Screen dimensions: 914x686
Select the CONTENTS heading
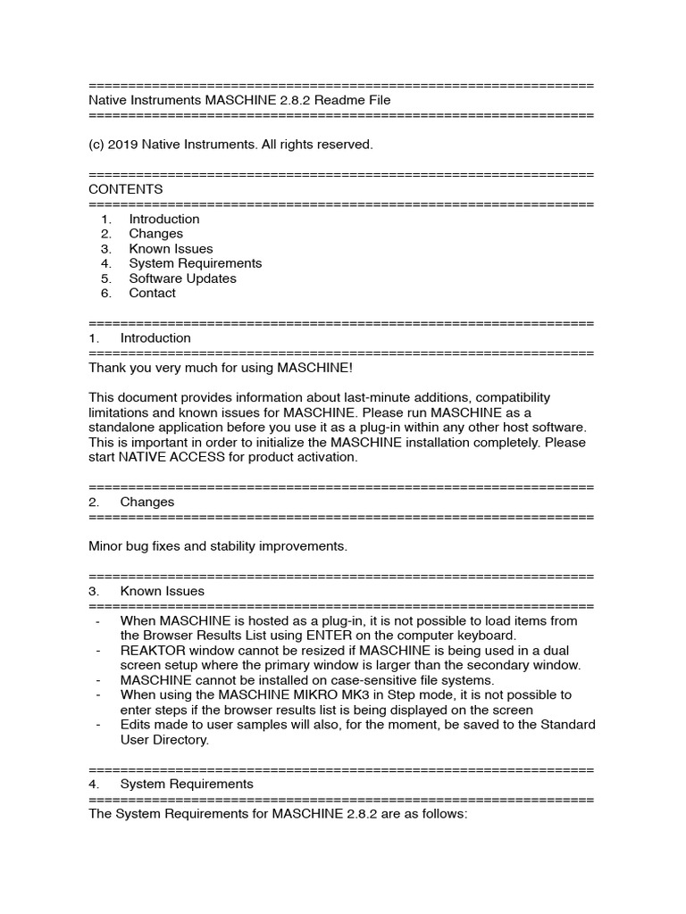[126, 189]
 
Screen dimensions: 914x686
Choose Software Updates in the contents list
[182, 278]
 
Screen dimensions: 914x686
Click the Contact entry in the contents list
[152, 293]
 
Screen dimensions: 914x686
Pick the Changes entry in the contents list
[155, 234]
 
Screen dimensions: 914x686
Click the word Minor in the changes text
[106, 545]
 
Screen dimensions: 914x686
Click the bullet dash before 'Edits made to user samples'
[96, 725]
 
